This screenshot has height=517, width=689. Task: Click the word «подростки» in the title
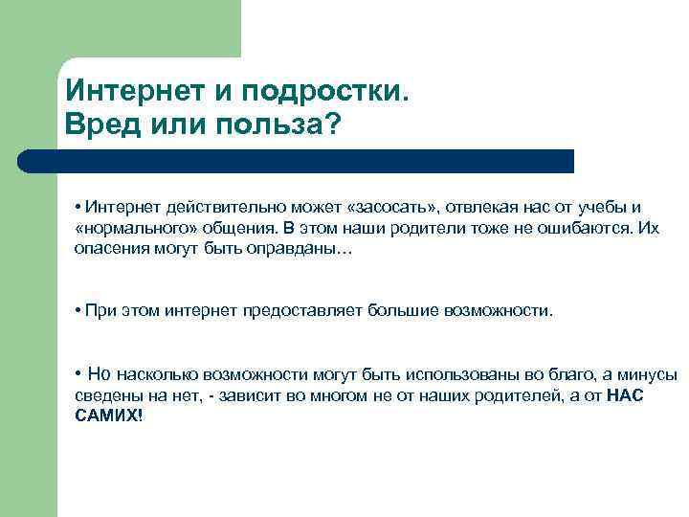click(x=326, y=91)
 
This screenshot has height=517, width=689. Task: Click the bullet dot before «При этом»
click(x=77, y=311)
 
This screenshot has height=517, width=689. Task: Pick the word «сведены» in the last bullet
click(x=105, y=395)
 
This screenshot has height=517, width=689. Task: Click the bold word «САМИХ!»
click(x=107, y=417)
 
